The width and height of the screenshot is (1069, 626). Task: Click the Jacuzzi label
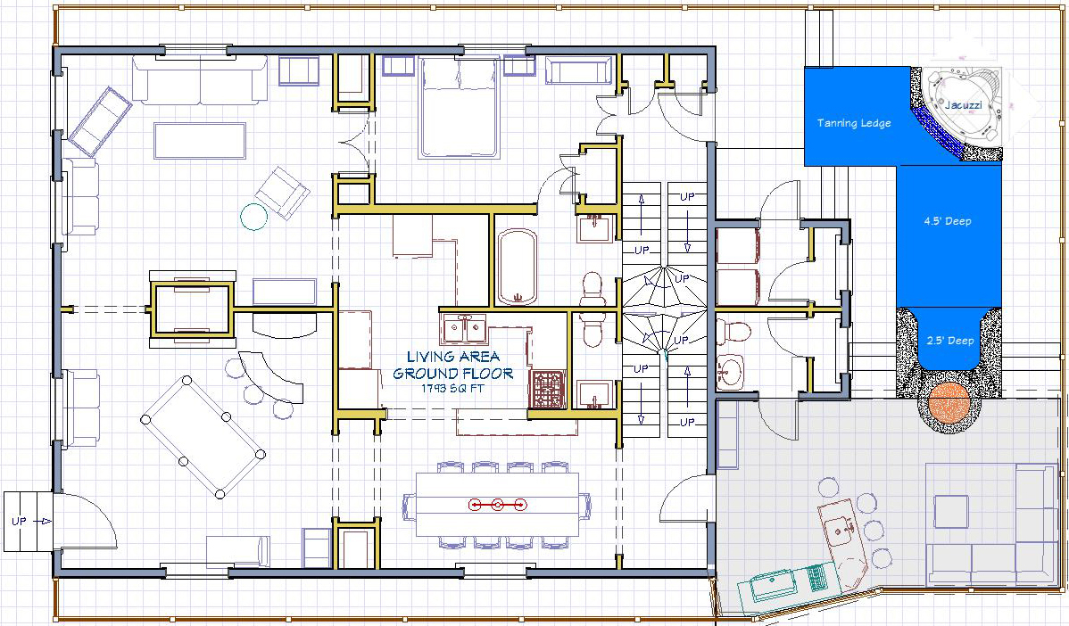(963, 105)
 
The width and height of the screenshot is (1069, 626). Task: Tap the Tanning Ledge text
(854, 123)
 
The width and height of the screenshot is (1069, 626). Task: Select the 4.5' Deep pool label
(948, 220)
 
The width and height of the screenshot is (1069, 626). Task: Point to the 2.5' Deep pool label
(950, 341)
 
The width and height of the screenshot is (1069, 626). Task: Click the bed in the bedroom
(458, 108)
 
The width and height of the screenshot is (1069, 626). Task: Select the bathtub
(518, 267)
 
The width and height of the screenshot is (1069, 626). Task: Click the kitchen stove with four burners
(548, 389)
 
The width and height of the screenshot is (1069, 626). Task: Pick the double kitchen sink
(465, 329)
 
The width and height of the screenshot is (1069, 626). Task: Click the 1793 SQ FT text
(453, 389)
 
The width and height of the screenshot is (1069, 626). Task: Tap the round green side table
(254, 217)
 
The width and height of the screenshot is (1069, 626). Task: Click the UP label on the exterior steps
(19, 521)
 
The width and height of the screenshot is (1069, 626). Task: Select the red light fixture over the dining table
(498, 504)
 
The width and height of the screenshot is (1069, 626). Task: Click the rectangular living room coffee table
(200, 140)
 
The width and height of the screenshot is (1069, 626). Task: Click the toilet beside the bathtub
(593, 290)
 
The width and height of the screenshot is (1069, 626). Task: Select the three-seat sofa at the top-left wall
(200, 80)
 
